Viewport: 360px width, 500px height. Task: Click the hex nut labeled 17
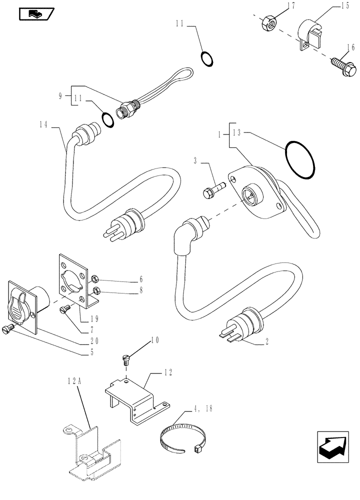[x=268, y=23]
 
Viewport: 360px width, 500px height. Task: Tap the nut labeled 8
[x=96, y=291]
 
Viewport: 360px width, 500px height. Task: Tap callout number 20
[x=94, y=340]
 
